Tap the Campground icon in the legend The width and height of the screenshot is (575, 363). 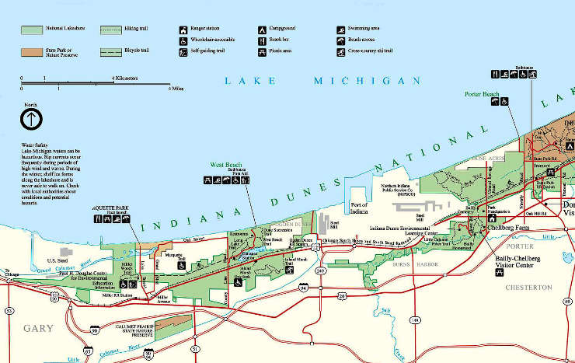pyautogui.click(x=262, y=29)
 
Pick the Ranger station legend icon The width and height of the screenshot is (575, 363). pyautogui.click(x=184, y=29)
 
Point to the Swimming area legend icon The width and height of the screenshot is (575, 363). pyautogui.click(x=340, y=29)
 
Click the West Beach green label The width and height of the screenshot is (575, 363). pyautogui.click(x=227, y=165)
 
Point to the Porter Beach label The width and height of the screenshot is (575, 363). pyautogui.click(x=482, y=95)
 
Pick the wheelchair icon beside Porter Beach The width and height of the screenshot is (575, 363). pyautogui.click(x=504, y=101)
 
